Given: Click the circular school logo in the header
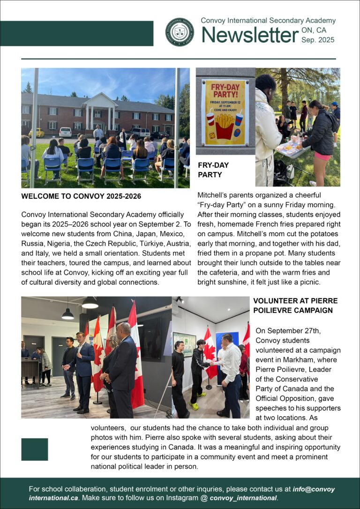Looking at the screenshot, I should click(x=180, y=32).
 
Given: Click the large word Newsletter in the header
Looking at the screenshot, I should click(x=250, y=36).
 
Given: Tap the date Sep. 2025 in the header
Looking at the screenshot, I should click(x=317, y=40).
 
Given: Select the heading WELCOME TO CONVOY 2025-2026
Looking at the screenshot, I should click(x=81, y=196).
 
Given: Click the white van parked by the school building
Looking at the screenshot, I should click(x=66, y=132).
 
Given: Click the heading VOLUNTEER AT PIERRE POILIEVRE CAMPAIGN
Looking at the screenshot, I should click(x=295, y=305).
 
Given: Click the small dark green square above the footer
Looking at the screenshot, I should click(x=35, y=449).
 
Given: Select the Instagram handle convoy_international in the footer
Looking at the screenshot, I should click(x=243, y=498).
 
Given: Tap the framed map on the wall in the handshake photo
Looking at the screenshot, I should click(x=184, y=344).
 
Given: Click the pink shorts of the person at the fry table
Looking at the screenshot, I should click(x=322, y=156).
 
